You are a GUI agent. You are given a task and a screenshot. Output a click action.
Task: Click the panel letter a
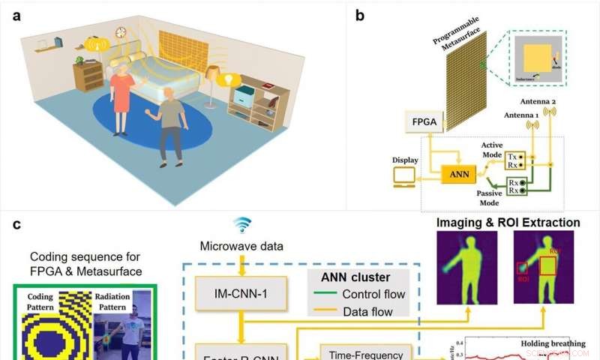click(x=17, y=15)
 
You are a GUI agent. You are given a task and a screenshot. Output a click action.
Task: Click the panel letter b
click(x=361, y=15)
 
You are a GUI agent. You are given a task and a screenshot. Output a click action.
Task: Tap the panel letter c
click(x=17, y=223)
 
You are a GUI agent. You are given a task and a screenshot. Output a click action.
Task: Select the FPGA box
click(x=424, y=121)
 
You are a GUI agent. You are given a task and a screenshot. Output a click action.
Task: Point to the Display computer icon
click(x=404, y=177)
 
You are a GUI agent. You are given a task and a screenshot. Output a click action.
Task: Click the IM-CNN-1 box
click(x=241, y=294)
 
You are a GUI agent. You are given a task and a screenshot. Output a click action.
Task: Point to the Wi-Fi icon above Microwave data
click(x=241, y=224)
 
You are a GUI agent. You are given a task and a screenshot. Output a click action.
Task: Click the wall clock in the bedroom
click(x=121, y=32)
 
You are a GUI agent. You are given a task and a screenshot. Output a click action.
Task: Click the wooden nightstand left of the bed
click(x=88, y=76)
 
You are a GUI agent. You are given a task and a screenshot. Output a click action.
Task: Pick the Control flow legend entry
click(x=368, y=294)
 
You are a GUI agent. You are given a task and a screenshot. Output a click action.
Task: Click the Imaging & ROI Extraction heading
click(x=508, y=222)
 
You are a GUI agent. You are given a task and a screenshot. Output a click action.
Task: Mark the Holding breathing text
click(x=554, y=342)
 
